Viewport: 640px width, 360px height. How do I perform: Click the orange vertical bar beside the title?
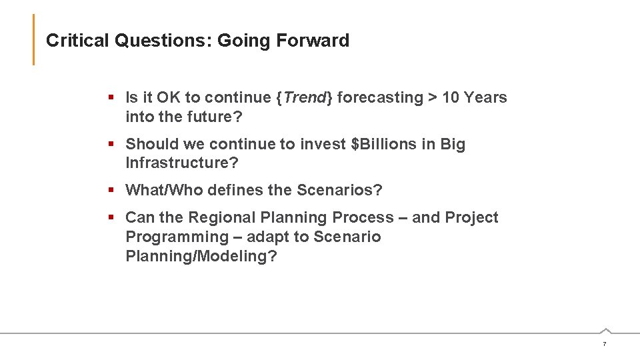33,40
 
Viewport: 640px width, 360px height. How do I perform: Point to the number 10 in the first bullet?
451,97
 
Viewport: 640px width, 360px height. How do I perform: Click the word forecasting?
380,97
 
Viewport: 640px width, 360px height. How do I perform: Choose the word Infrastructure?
182,163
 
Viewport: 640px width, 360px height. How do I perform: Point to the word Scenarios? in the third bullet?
339,191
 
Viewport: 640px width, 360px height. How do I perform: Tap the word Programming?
177,237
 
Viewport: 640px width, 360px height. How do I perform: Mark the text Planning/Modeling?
201,257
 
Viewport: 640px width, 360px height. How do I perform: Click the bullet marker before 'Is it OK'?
111,98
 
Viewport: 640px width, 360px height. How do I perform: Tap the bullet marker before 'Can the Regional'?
111,218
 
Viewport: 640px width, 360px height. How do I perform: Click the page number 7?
604,344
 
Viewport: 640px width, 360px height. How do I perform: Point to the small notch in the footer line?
605,330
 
